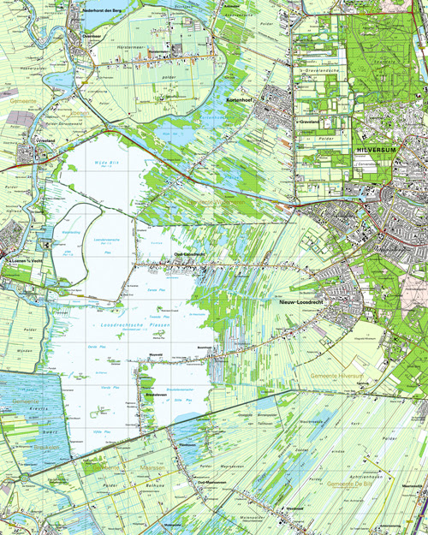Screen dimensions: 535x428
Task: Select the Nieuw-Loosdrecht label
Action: (x=300, y=302)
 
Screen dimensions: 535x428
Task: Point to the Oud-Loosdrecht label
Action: (x=188, y=256)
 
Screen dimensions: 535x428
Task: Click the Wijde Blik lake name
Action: (x=106, y=161)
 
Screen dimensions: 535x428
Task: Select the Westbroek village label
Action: (x=294, y=507)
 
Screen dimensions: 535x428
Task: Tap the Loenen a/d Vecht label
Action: (x=23, y=260)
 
